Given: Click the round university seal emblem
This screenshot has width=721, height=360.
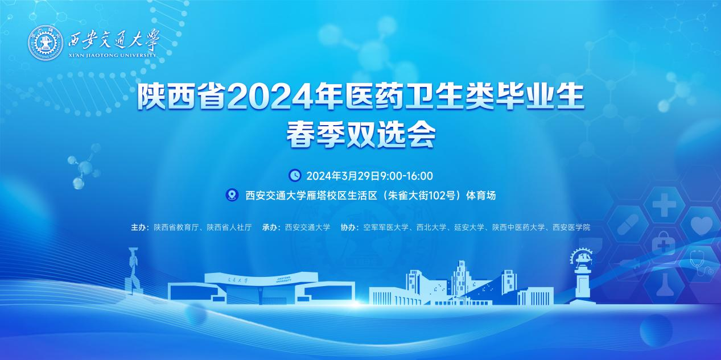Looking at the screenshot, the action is click(x=46, y=43).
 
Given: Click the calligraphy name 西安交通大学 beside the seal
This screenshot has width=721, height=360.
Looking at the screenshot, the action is click(x=113, y=40).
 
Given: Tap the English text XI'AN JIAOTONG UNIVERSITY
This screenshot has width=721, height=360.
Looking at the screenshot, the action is click(x=112, y=55).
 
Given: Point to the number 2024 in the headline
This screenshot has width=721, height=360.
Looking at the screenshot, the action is click(x=269, y=97).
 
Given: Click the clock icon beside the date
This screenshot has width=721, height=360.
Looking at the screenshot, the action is click(x=295, y=175).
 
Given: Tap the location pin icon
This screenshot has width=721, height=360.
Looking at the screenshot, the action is click(x=232, y=195).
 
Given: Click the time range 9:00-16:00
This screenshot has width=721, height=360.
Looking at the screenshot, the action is click(x=406, y=176).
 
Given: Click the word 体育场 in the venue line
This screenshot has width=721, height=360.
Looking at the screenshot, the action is click(x=481, y=196).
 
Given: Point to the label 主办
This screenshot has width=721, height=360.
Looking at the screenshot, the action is click(x=138, y=227).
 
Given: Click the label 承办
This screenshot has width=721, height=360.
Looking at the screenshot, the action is click(x=269, y=227).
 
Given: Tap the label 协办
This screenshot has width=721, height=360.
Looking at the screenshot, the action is click(x=348, y=227).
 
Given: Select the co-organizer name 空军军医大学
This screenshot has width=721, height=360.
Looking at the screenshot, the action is click(x=386, y=227).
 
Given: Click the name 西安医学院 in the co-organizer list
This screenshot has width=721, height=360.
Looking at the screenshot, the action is click(x=571, y=227).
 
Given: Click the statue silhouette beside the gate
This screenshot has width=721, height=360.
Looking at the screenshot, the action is click(x=133, y=271).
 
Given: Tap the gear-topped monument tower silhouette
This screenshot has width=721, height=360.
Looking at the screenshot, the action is click(x=582, y=276).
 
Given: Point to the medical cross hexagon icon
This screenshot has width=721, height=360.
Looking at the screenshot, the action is click(x=664, y=205).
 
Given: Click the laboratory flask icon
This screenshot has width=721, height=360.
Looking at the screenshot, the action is click(x=665, y=285).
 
